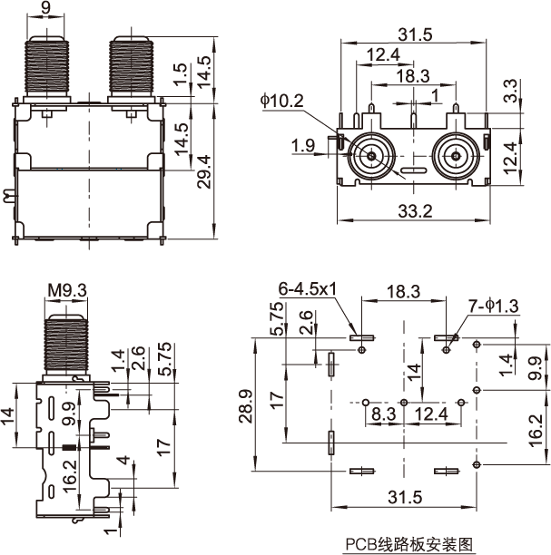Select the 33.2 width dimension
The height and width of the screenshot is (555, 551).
click(414, 210)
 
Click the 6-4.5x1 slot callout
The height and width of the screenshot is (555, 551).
click(307, 288)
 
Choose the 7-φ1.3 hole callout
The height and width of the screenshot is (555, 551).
click(494, 307)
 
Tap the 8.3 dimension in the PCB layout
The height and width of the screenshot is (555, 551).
click(382, 414)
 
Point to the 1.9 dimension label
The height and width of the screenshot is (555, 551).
click(303, 145)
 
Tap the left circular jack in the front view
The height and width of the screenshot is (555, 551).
click(373, 155)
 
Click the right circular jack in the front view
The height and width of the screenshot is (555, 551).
click(454, 155)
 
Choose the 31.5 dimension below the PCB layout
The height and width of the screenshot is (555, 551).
click(405, 497)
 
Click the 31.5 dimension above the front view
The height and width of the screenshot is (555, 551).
click(414, 34)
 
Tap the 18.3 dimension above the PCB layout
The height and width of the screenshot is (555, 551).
click(403, 293)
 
